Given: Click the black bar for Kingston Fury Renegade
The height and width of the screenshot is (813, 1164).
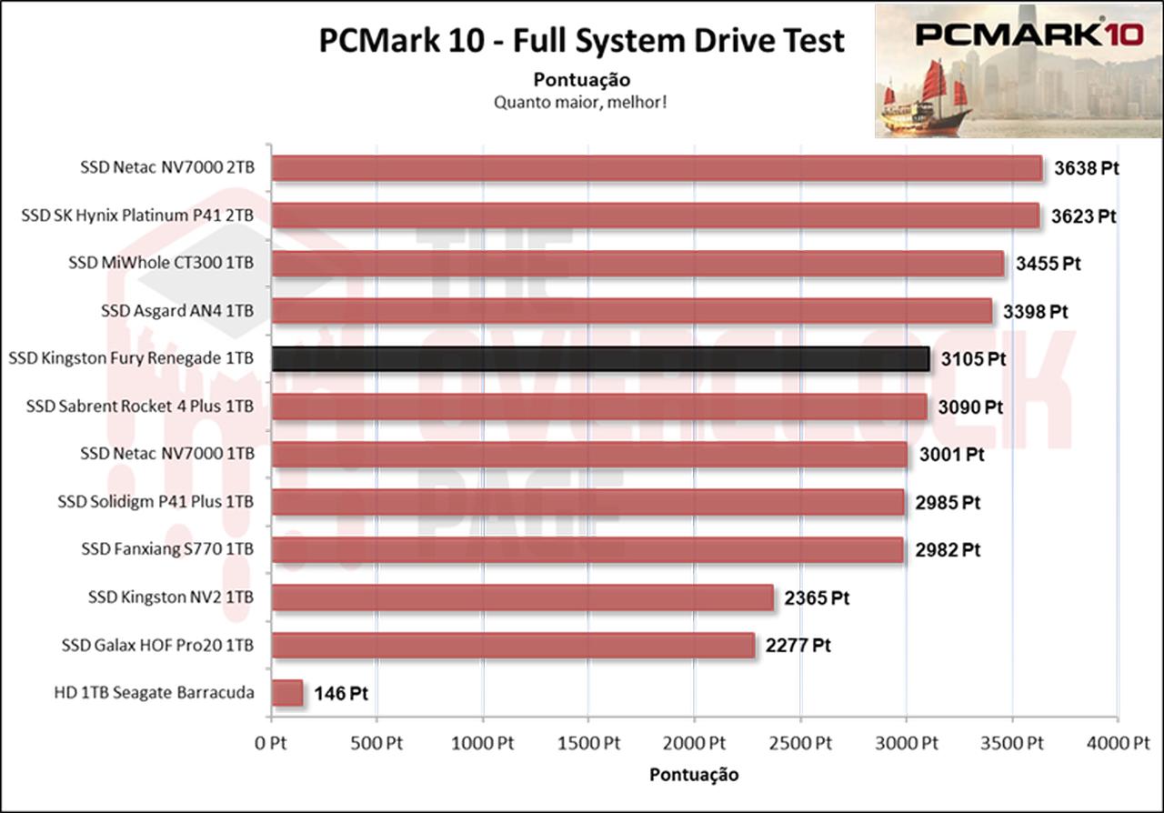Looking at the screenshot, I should [x=600, y=358].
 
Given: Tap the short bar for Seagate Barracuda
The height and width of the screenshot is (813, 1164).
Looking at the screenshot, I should [x=286, y=693].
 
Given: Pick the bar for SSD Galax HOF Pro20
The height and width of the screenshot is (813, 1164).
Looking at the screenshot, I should [x=513, y=646].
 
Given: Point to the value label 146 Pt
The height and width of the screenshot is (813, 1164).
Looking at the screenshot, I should [x=340, y=694].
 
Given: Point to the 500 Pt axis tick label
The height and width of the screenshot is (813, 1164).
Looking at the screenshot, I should [x=376, y=743].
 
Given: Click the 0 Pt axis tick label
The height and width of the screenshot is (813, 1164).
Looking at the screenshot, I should [x=271, y=743].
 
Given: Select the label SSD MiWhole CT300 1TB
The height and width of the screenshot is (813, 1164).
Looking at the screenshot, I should [x=161, y=263].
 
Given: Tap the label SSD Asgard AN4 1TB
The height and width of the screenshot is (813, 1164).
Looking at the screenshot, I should [x=177, y=311].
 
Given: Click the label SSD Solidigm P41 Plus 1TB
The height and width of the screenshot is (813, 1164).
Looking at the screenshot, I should [x=156, y=502].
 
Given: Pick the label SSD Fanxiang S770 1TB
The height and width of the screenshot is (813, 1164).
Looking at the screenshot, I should [x=167, y=549].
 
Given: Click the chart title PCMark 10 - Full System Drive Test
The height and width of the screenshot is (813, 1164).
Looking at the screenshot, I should [x=582, y=41].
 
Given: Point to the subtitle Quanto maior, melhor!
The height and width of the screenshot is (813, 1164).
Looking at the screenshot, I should [x=582, y=102].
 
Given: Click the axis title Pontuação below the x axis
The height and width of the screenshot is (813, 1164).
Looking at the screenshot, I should [x=694, y=775].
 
